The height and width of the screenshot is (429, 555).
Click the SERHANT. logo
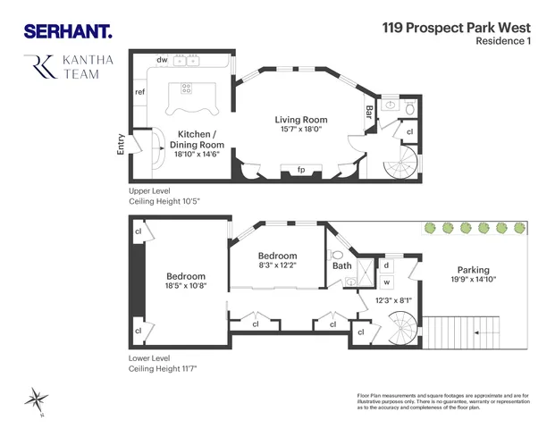coord(67,31)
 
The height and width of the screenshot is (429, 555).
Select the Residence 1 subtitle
coord(505,41)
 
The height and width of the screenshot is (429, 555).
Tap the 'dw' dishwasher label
coord(163,60)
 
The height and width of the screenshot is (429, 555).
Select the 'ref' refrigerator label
coord(140,92)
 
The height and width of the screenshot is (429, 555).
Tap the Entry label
coord(122,145)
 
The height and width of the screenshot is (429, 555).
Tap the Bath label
coord(342,265)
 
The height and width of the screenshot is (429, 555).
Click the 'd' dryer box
coord(386,265)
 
